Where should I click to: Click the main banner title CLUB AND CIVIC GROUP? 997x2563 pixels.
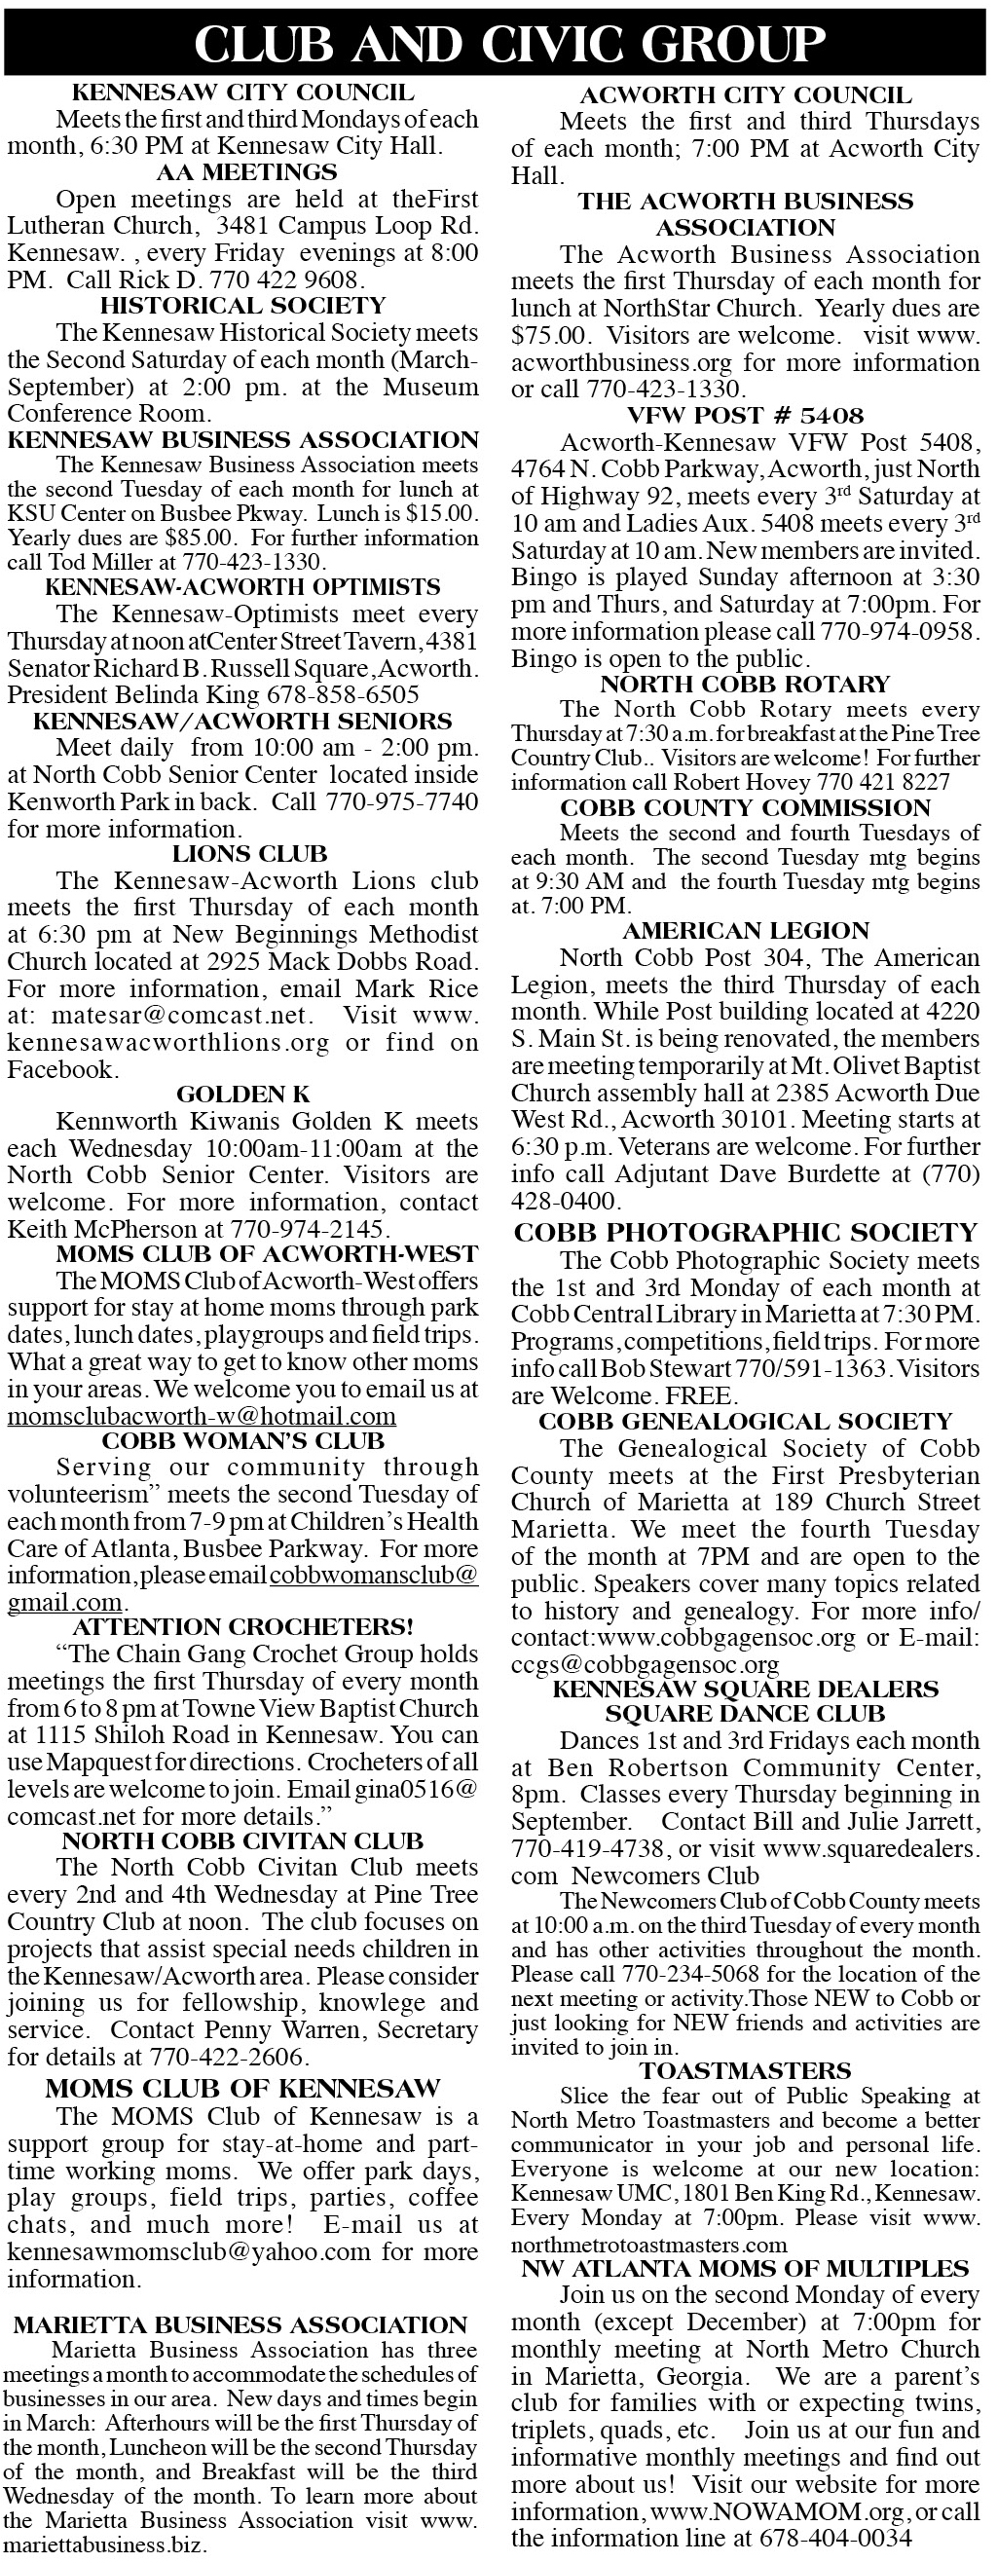(x=508, y=44)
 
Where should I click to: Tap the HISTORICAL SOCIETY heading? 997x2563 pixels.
(x=242, y=306)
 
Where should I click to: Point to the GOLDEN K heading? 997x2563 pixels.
(x=242, y=1095)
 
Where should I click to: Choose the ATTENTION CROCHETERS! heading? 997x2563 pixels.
(x=242, y=1627)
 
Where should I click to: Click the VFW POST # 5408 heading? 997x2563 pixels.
(x=745, y=415)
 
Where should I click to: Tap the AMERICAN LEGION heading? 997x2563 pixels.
(x=745, y=930)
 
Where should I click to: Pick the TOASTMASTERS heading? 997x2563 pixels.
(x=745, y=2070)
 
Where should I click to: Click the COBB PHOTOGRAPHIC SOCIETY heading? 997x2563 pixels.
(x=745, y=1233)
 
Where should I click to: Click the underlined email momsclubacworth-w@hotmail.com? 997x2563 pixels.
(x=201, y=1416)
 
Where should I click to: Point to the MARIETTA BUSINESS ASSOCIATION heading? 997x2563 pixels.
(x=240, y=2325)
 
